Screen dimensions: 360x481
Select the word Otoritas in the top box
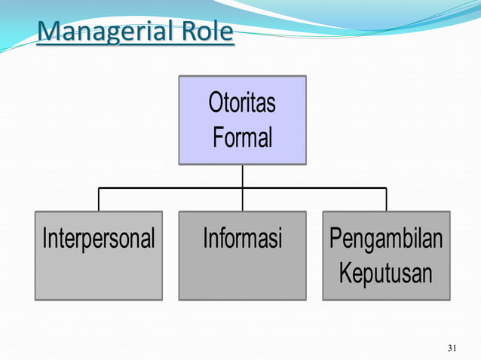[242, 103]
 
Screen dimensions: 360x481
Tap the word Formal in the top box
[242, 138]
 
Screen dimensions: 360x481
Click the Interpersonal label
[99, 239]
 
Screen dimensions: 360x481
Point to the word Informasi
[242, 239]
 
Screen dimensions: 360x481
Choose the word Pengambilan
[386, 239]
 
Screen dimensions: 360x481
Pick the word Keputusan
[386, 273]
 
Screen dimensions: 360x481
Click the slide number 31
[452, 348]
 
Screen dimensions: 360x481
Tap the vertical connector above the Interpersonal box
[99, 200]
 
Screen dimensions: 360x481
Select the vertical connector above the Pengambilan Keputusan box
[386, 200]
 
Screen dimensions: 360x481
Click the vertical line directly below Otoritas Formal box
[242, 175]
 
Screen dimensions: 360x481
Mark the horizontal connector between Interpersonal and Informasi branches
[170, 188]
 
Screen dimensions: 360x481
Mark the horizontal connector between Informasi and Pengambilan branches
[314, 188]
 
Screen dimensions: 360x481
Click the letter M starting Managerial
[47, 32]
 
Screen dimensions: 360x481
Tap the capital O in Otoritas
[215, 103]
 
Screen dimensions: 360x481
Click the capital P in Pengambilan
[335, 239]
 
